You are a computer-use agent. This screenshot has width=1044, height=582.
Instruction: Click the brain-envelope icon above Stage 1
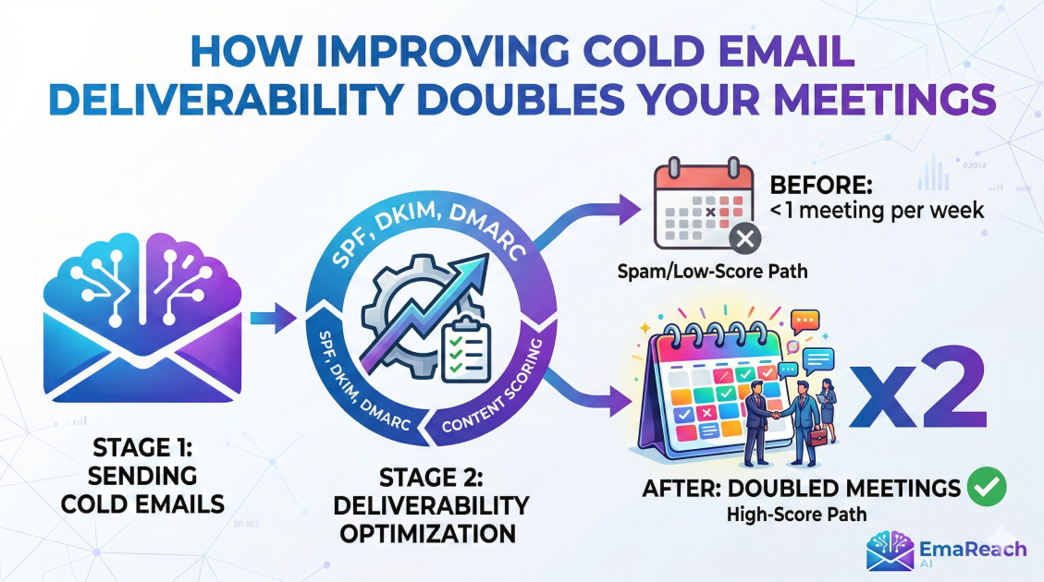pyautogui.click(x=142, y=317)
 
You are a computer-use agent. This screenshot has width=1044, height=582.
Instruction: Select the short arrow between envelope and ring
pyautogui.click(x=274, y=318)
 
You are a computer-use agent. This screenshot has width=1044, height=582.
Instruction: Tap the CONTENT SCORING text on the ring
pyautogui.click(x=493, y=387)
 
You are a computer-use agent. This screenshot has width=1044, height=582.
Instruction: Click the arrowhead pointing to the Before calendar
pyautogui.click(x=629, y=210)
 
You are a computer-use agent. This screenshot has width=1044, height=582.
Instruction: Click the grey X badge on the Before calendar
pyautogui.click(x=745, y=238)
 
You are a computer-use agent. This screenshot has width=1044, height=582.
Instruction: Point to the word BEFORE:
pyautogui.click(x=821, y=184)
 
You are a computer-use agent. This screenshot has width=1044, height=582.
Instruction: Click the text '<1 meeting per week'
pyautogui.click(x=877, y=211)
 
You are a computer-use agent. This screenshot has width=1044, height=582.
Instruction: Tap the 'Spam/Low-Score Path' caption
pyautogui.click(x=712, y=272)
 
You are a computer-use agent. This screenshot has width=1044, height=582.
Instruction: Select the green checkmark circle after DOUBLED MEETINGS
pyautogui.click(x=987, y=486)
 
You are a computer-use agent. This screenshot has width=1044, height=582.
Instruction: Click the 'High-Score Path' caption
pyautogui.click(x=796, y=515)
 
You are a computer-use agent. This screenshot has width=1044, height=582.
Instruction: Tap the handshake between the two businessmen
pyautogui.click(x=777, y=414)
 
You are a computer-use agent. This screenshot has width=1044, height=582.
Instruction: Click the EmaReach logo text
pyautogui.click(x=973, y=550)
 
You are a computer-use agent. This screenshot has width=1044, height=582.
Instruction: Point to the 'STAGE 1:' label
pyautogui.click(x=142, y=448)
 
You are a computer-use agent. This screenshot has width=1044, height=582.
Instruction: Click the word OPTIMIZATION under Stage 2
pyautogui.click(x=428, y=533)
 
